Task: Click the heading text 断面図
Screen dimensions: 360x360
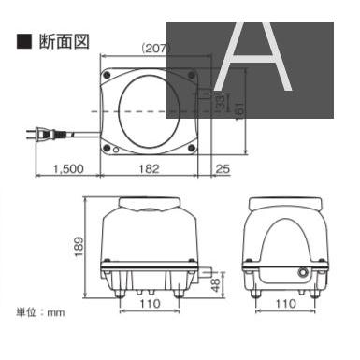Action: pos(57,43)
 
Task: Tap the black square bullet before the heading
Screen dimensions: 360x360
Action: pos(23,43)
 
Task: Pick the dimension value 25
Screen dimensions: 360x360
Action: pos(222,168)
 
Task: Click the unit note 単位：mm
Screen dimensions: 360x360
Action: pos(41,311)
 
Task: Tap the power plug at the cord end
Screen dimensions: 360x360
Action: pos(36,137)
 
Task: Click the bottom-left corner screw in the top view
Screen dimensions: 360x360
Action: pos(108,146)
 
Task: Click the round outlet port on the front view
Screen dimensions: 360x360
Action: pos(302,273)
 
